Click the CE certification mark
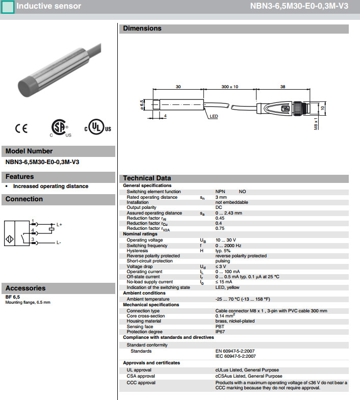point(21,129)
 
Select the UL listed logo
point(97,127)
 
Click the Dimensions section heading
point(142,29)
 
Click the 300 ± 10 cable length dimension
point(229,87)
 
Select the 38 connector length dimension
point(282,87)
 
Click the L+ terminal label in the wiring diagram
point(59,224)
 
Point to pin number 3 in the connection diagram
point(33,239)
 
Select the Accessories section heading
point(25,288)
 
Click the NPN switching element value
point(220,192)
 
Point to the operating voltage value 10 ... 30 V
point(226,239)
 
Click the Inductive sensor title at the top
point(49,6)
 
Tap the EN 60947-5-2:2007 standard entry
point(236,351)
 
